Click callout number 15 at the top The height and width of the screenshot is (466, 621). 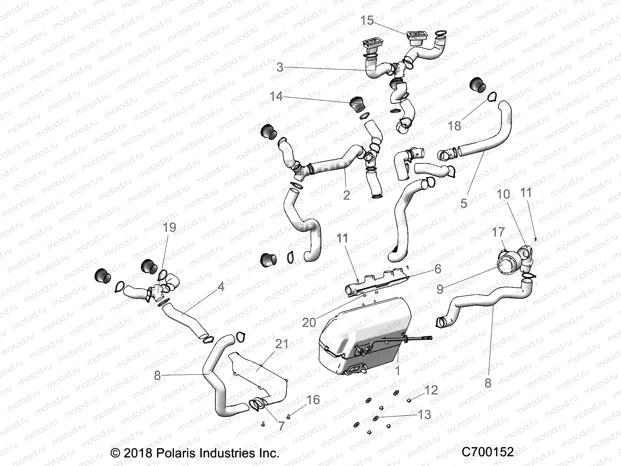367,20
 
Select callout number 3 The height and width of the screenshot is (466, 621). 280,67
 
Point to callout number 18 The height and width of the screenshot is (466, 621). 454,125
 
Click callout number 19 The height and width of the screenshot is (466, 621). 169,228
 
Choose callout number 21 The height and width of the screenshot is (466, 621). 282,344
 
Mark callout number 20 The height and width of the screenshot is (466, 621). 309,322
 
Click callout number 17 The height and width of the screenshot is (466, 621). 498,232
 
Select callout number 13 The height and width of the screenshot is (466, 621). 425,414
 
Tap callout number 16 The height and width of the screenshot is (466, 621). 313,400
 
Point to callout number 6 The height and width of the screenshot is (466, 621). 438,269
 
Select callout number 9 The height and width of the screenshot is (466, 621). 440,289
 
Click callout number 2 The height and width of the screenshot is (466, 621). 346,195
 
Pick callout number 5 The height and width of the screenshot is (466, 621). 464,203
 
